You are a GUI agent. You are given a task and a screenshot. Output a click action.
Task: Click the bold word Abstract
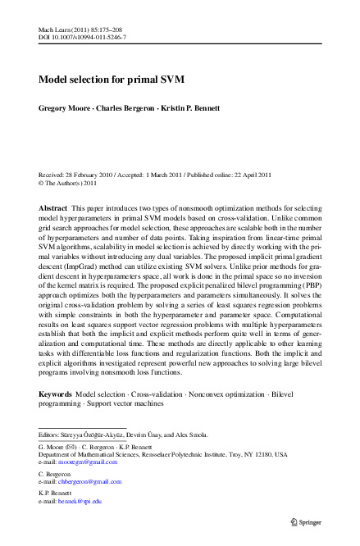[x=53, y=187]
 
